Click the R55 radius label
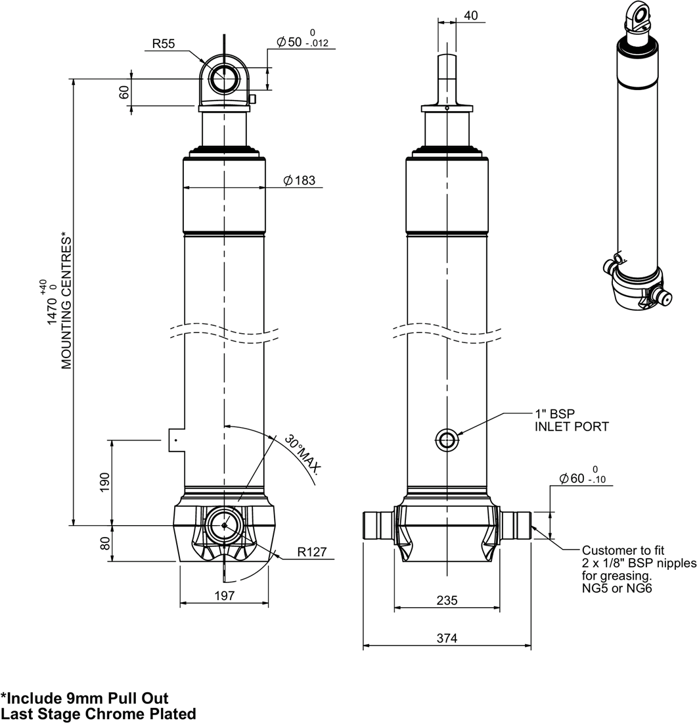(x=164, y=44)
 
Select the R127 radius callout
(x=311, y=551)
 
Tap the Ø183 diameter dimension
(x=300, y=181)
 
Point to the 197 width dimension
(x=224, y=595)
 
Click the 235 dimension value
(x=447, y=601)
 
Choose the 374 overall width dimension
(x=447, y=638)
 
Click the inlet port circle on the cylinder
(x=447, y=440)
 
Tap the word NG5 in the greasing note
(x=596, y=589)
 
